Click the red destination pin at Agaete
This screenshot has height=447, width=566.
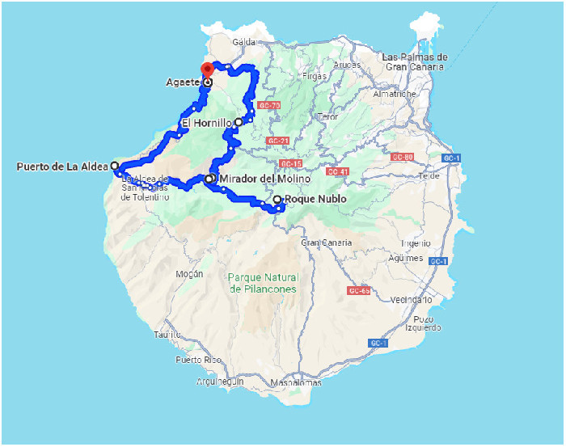tap(207, 70)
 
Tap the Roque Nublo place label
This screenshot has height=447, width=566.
tap(316, 199)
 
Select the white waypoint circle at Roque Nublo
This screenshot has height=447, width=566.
tap(277, 200)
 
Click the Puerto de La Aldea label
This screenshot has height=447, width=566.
tap(61, 167)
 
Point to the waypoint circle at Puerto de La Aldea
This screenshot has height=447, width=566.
tap(115, 166)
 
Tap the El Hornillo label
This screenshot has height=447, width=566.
tap(206, 123)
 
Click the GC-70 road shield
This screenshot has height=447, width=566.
tap(268, 106)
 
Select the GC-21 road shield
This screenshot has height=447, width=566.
tap(277, 141)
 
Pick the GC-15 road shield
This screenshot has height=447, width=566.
tap(290, 163)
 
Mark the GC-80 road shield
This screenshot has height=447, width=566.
tap(402, 157)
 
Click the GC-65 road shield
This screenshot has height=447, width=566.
tap(359, 290)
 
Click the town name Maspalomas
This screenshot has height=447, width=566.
tap(296, 382)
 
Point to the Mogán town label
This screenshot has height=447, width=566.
tap(184, 274)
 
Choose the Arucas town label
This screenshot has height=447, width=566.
tap(346, 64)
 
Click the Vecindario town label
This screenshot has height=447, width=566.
tap(411, 299)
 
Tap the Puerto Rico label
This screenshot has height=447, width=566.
tap(198, 360)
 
